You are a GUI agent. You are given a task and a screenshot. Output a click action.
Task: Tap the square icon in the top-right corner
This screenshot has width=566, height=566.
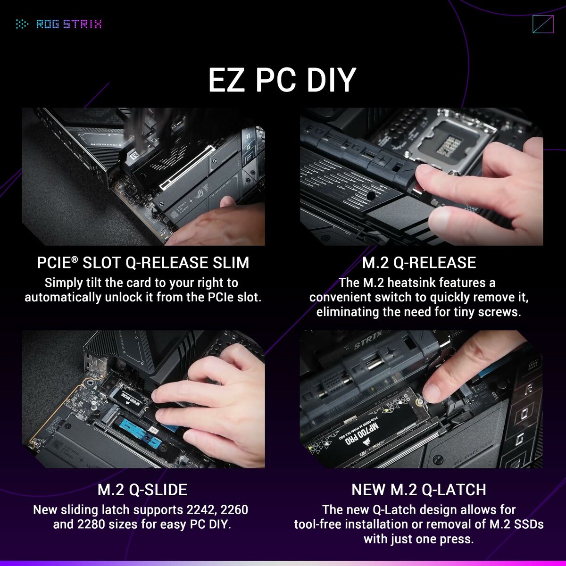pyautogui.click(x=542, y=24)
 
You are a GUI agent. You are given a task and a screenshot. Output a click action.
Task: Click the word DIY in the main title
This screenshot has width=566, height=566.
pyautogui.click(x=330, y=80)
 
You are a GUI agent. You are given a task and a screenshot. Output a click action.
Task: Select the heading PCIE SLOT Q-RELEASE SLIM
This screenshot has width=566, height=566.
pyautogui.click(x=143, y=263)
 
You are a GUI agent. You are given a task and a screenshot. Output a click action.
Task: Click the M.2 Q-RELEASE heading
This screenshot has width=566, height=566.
pyautogui.click(x=419, y=263)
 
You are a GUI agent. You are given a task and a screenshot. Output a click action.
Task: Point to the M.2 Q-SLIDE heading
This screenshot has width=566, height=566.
pyautogui.click(x=142, y=490)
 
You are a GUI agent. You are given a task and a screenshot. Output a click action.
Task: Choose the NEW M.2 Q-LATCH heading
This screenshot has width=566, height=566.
pyautogui.click(x=419, y=490)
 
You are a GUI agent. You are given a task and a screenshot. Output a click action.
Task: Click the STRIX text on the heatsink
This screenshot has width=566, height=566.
pyautogui.click(x=368, y=343)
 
